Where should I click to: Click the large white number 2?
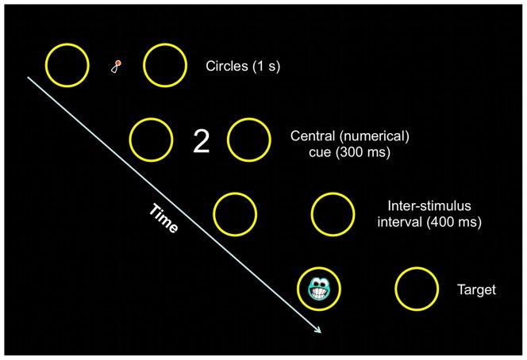click(202, 140)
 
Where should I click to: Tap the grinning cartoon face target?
click(320, 288)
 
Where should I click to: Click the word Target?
click(476, 290)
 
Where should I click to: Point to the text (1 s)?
click(264, 67)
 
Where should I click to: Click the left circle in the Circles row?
click(67, 64)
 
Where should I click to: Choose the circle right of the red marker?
click(165, 66)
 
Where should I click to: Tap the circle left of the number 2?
click(151, 140)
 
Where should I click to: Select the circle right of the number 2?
click(250, 140)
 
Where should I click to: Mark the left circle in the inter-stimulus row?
click(235, 213)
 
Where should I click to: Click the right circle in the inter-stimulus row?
click(333, 213)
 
